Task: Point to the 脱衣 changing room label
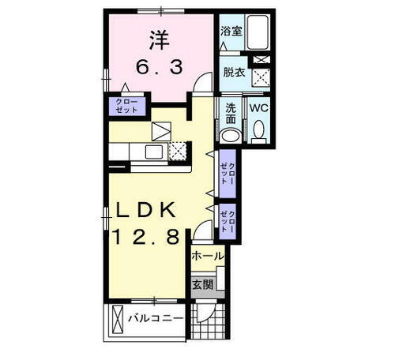tap(233, 71)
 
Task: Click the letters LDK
tap(151, 211)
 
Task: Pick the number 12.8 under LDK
tap(151, 237)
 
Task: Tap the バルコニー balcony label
tap(156, 319)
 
